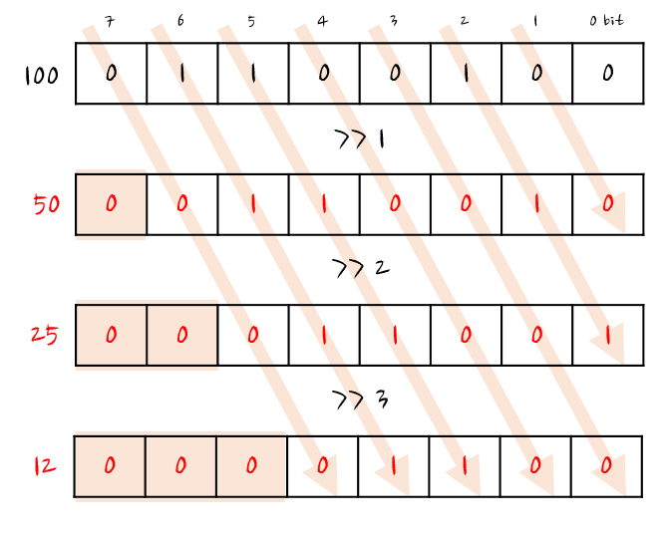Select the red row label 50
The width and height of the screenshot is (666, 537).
pos(47,204)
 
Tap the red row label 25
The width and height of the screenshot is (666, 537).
pos(45,335)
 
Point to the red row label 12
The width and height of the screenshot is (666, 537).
pos(45,465)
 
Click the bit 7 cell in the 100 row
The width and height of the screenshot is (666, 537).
pos(111,74)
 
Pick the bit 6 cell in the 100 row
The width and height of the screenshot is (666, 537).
pos(181,74)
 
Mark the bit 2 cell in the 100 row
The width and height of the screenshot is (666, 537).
pos(466,74)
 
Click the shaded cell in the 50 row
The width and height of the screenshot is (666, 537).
pos(111,204)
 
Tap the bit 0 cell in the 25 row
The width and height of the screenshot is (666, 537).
pos(607,335)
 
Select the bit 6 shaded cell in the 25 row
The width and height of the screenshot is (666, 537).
pos(181,335)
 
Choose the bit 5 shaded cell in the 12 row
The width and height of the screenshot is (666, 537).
pos(252,465)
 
